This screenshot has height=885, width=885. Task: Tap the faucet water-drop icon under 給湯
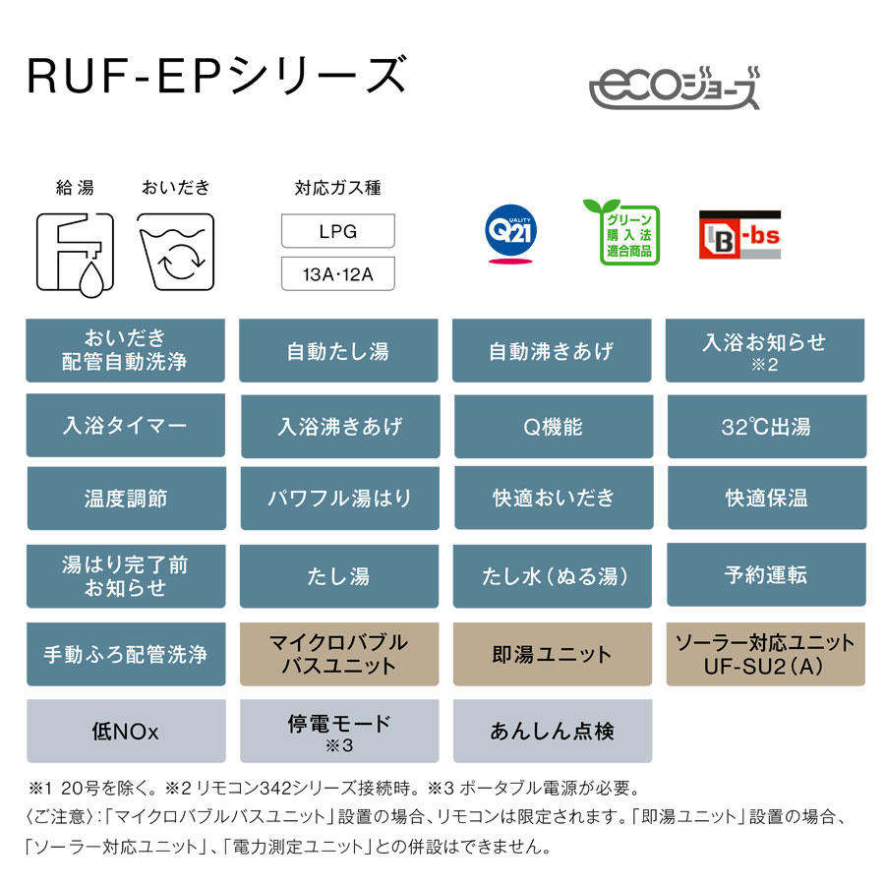75,252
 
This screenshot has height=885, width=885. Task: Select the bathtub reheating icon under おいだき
176,252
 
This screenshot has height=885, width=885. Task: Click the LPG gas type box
337,232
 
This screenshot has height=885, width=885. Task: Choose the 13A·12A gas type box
337,274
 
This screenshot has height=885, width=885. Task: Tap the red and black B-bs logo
738,235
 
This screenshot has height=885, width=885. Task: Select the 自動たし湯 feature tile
338,351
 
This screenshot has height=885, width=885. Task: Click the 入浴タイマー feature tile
125,426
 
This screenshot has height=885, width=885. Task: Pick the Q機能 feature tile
553,426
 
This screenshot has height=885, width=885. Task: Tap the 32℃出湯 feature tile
766,426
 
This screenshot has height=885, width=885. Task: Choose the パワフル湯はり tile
338,498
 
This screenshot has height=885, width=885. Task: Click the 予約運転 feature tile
766,574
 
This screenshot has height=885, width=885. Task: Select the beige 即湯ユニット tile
553,654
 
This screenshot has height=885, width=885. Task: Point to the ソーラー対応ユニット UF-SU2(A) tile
766,654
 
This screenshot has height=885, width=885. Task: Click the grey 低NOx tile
125,731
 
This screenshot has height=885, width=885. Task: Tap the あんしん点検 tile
553,731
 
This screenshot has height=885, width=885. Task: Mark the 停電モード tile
338,731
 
